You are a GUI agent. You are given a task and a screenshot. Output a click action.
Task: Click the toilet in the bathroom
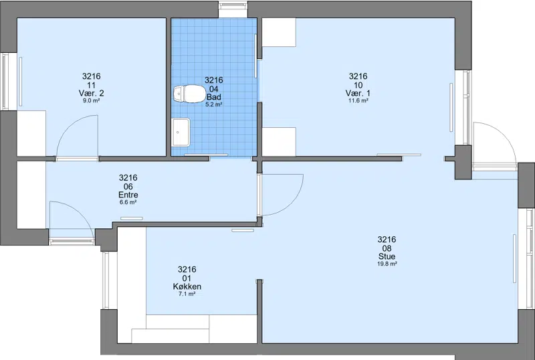pos(187,94)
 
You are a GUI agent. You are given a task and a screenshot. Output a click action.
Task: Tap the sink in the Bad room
pos(181,132)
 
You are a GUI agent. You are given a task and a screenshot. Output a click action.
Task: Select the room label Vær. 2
pos(91,93)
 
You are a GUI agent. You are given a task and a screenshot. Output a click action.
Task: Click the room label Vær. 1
pos(358,93)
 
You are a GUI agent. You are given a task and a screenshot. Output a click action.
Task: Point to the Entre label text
pos(128,195)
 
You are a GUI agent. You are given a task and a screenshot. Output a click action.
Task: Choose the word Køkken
pos(187,286)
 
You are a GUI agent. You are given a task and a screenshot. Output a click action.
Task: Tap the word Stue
pos(387,256)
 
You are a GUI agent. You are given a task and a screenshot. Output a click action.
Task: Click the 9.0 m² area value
pos(91,101)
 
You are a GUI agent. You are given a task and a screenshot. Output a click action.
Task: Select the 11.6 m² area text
pos(358,101)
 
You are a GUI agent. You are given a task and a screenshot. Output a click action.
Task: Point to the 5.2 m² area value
pos(214,104)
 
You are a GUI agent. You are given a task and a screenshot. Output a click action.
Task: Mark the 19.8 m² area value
pos(387,264)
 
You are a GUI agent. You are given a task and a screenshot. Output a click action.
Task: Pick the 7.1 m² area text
pos(187,294)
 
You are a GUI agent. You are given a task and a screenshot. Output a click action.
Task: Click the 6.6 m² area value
pos(128,203)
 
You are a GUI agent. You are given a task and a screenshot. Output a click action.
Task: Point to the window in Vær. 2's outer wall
pos(5,82)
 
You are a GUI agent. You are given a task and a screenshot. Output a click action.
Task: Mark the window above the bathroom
pos(233,5)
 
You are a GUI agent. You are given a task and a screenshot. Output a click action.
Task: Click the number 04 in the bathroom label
pos(214,89)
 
